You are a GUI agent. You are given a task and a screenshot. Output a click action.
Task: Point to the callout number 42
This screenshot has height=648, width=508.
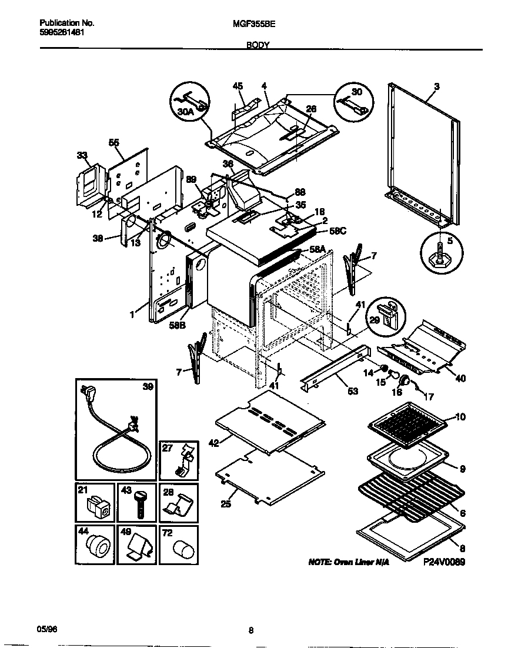(213, 443)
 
